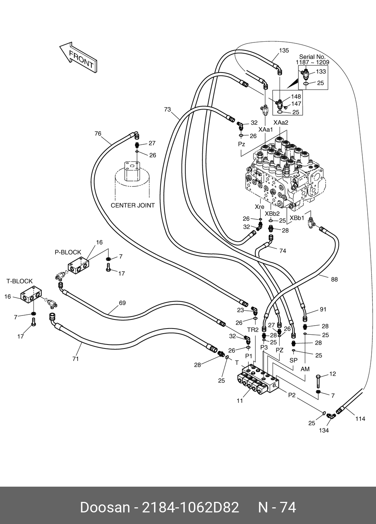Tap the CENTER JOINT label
coord(132,205)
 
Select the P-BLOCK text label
coord(68,252)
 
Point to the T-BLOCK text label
coord(19,281)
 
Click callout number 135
coord(284,50)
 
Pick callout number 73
coord(167,109)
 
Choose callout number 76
coord(98,133)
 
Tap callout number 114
coord(360,418)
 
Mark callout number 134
coord(323,430)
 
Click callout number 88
coord(334,279)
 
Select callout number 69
coord(122,302)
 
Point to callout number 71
coord(75,359)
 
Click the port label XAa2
coord(281,123)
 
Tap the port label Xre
coord(259,207)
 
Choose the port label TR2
coord(253,330)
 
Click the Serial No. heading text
coord(312,57)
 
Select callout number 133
coord(321,72)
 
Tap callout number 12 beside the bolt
coord(332,374)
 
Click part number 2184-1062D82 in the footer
coord(190,507)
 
